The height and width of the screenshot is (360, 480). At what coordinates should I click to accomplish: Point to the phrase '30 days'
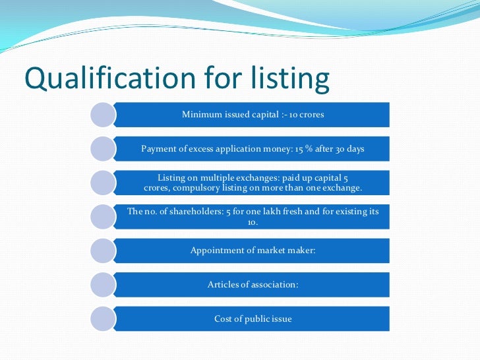tap(350, 149)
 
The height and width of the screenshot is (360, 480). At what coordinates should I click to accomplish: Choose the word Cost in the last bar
tap(223, 319)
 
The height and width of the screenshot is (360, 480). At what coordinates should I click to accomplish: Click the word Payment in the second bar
tap(157, 149)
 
